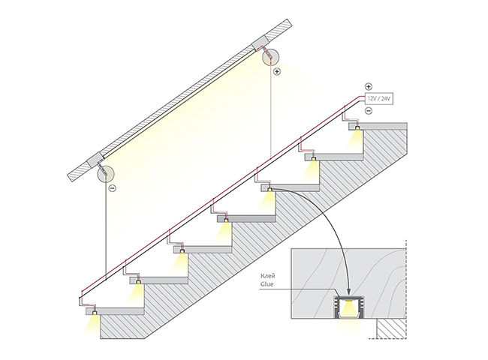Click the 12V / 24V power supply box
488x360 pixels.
click(x=378, y=99)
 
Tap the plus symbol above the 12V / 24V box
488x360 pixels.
click(x=369, y=86)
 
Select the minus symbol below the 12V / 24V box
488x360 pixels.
click(x=369, y=111)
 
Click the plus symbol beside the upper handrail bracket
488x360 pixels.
click(x=277, y=72)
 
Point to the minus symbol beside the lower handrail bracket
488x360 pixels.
click(x=113, y=188)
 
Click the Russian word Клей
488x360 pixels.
click(x=268, y=276)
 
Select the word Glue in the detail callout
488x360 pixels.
click(x=267, y=283)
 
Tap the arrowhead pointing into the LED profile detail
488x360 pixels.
click(x=349, y=291)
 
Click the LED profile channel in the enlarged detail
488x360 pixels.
click(x=350, y=307)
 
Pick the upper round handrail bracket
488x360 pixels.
click(x=270, y=57)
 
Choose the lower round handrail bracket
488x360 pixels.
click(x=106, y=173)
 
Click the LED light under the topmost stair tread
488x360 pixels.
click(x=357, y=128)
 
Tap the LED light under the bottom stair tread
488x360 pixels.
click(x=95, y=313)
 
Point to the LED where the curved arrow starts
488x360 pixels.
click(x=270, y=189)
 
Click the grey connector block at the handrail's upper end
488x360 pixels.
click(x=260, y=43)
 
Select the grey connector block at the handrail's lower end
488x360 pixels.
click(x=95, y=160)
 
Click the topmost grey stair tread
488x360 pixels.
click(x=378, y=126)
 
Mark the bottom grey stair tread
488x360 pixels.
click(x=116, y=311)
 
